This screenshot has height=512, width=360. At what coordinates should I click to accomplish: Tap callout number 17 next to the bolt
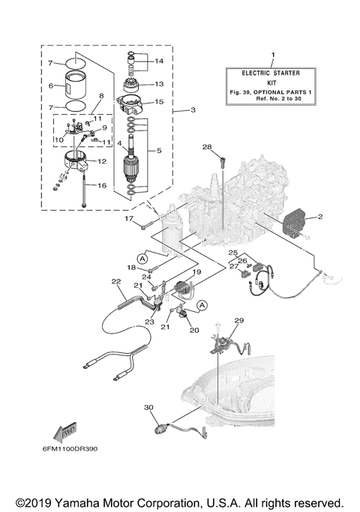click(129, 218)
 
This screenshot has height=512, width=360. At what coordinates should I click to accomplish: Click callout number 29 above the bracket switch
click(238, 321)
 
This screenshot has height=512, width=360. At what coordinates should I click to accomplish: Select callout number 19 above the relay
click(198, 272)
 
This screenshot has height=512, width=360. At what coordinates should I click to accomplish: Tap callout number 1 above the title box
click(273, 55)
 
